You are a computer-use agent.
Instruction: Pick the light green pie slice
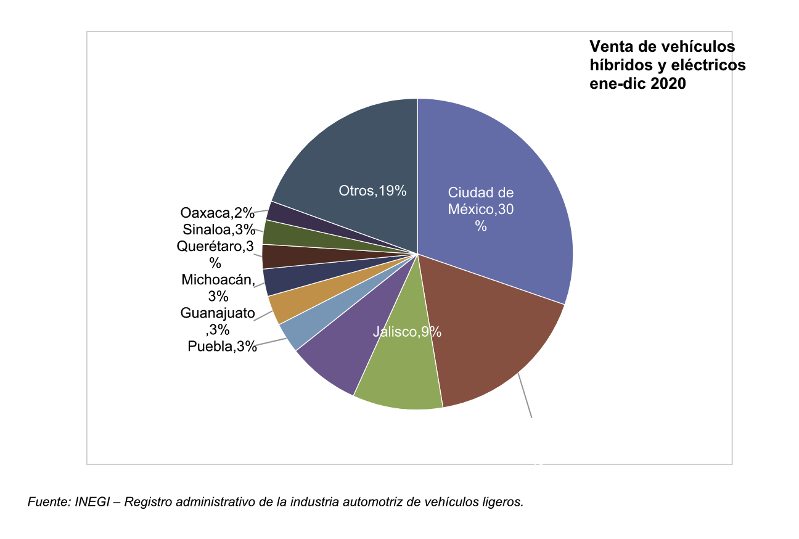(401, 376)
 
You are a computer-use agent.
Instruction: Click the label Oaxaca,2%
(217, 213)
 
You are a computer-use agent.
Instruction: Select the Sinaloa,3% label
(219, 230)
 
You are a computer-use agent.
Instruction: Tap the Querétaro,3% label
(215, 254)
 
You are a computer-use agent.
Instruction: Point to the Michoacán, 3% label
(218, 287)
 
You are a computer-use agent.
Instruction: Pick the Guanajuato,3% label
(218, 321)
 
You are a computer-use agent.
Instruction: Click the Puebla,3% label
(222, 347)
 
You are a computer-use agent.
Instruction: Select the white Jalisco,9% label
(407, 332)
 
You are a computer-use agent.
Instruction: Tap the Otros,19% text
(372, 191)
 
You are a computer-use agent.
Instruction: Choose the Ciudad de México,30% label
(481, 209)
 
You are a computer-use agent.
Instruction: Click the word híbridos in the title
(620, 65)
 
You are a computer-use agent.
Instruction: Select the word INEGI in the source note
(91, 502)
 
